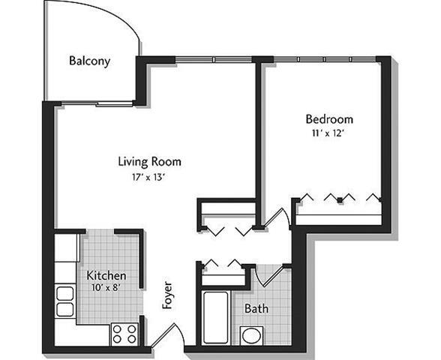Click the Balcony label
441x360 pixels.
tap(89, 61)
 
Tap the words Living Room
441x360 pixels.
tap(149, 161)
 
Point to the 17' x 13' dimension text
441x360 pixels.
tap(146, 178)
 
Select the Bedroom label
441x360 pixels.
tap(328, 118)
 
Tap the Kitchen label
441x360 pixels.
tap(105, 275)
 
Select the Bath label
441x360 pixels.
tap(256, 307)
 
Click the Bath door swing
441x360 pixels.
tap(268, 277)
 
